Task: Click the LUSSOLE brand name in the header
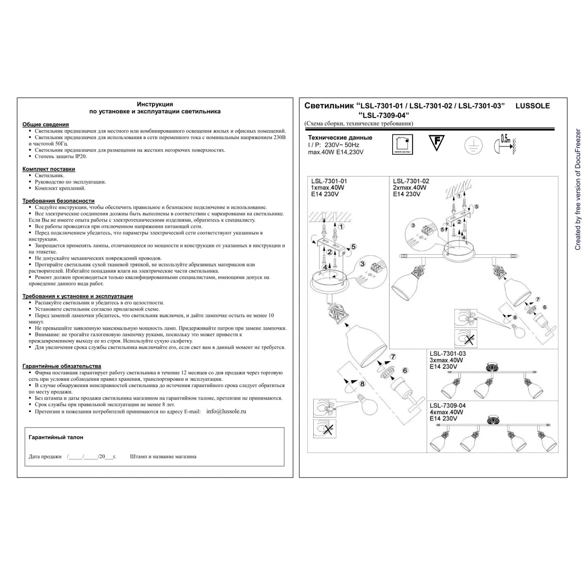click(x=532, y=106)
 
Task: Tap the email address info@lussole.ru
click(x=226, y=411)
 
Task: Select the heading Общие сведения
click(x=45, y=124)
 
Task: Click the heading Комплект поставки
click(x=49, y=169)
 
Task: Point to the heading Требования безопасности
click(x=58, y=201)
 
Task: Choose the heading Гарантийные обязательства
click(x=62, y=366)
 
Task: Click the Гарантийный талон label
click(x=56, y=437)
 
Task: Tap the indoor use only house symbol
click(x=403, y=144)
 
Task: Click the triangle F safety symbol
click(x=436, y=142)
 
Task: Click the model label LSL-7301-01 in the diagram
click(x=329, y=181)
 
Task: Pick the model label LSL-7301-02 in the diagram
click(x=411, y=181)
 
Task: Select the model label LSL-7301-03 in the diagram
click(x=447, y=354)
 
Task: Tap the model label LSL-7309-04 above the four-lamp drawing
click(x=447, y=406)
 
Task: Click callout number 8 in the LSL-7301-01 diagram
click(x=362, y=384)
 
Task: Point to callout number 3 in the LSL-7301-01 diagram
click(x=362, y=264)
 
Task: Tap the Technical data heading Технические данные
click(x=340, y=138)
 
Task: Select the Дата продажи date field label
click(x=45, y=457)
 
